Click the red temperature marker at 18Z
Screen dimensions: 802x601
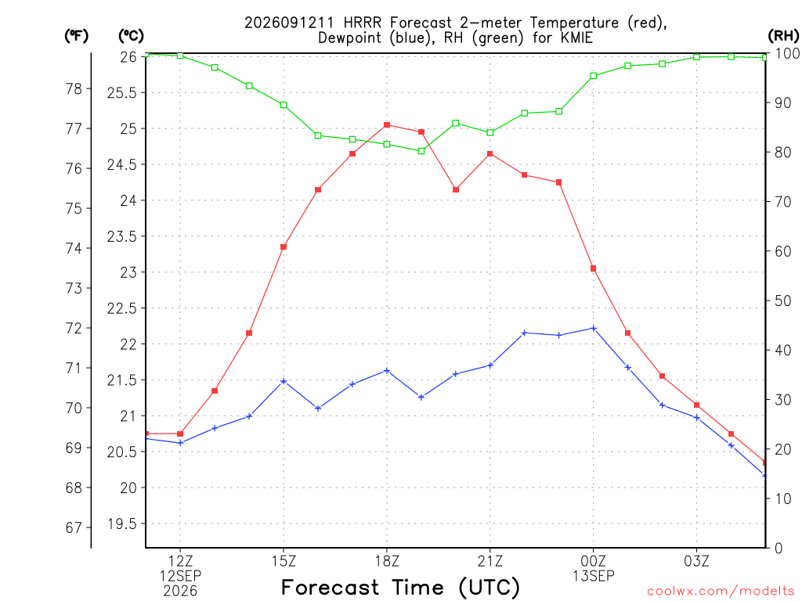point(387,124)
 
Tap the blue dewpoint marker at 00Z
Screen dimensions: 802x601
point(594,328)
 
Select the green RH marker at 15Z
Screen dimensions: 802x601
point(284,105)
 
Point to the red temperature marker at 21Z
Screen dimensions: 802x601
point(490,154)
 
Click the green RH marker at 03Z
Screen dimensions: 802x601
point(696,56)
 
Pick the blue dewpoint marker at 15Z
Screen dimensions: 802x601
point(284,381)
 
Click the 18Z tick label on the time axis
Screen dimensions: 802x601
point(387,561)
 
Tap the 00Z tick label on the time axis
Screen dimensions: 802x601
point(594,561)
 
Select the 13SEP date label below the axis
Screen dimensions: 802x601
point(594,576)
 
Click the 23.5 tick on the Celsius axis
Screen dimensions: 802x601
point(122,236)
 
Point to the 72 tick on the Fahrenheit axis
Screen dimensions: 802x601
point(74,328)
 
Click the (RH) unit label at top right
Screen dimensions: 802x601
point(783,35)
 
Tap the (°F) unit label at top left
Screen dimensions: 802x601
point(76,36)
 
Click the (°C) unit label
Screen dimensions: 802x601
point(131,36)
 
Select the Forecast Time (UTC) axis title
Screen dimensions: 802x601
point(400,588)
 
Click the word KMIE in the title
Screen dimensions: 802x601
point(577,38)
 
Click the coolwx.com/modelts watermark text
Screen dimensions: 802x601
point(721,592)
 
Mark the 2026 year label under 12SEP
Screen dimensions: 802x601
point(180,592)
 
